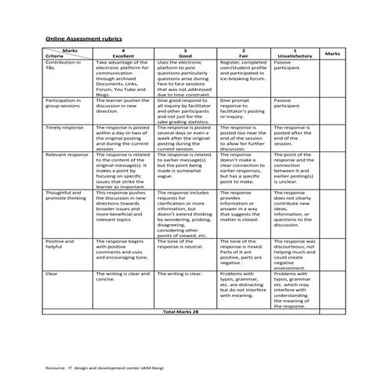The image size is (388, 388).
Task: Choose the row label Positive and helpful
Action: coord(60,246)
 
